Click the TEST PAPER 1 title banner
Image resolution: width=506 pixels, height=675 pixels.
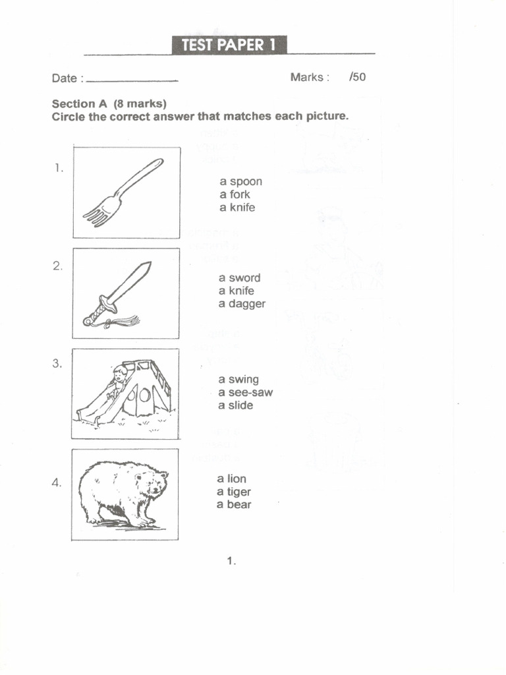coord(229,45)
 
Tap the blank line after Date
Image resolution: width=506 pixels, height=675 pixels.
coord(132,80)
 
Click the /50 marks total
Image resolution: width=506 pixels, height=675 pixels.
coord(358,77)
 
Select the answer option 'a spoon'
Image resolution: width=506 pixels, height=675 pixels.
coord(240,181)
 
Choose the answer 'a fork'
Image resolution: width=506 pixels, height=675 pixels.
coord(235,194)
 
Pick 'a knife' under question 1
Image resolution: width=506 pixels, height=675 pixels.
coord(237,208)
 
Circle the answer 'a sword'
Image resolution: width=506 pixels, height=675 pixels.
coord(239,278)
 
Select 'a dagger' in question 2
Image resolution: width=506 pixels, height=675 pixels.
coord(242,304)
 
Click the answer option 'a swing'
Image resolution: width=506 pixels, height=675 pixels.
coord(239,380)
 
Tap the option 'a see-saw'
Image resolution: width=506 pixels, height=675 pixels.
coord(245,393)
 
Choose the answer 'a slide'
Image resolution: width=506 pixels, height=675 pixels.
coord(235,405)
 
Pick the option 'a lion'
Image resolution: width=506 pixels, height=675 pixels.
coord(231,479)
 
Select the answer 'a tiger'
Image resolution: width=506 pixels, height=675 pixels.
coord(234,492)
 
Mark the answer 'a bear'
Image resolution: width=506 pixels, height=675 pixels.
coord(234,505)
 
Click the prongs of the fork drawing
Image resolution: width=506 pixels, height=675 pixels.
coord(97,216)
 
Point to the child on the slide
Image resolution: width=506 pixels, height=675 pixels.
coord(119,378)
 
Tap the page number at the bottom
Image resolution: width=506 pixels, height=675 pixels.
coord(231,561)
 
